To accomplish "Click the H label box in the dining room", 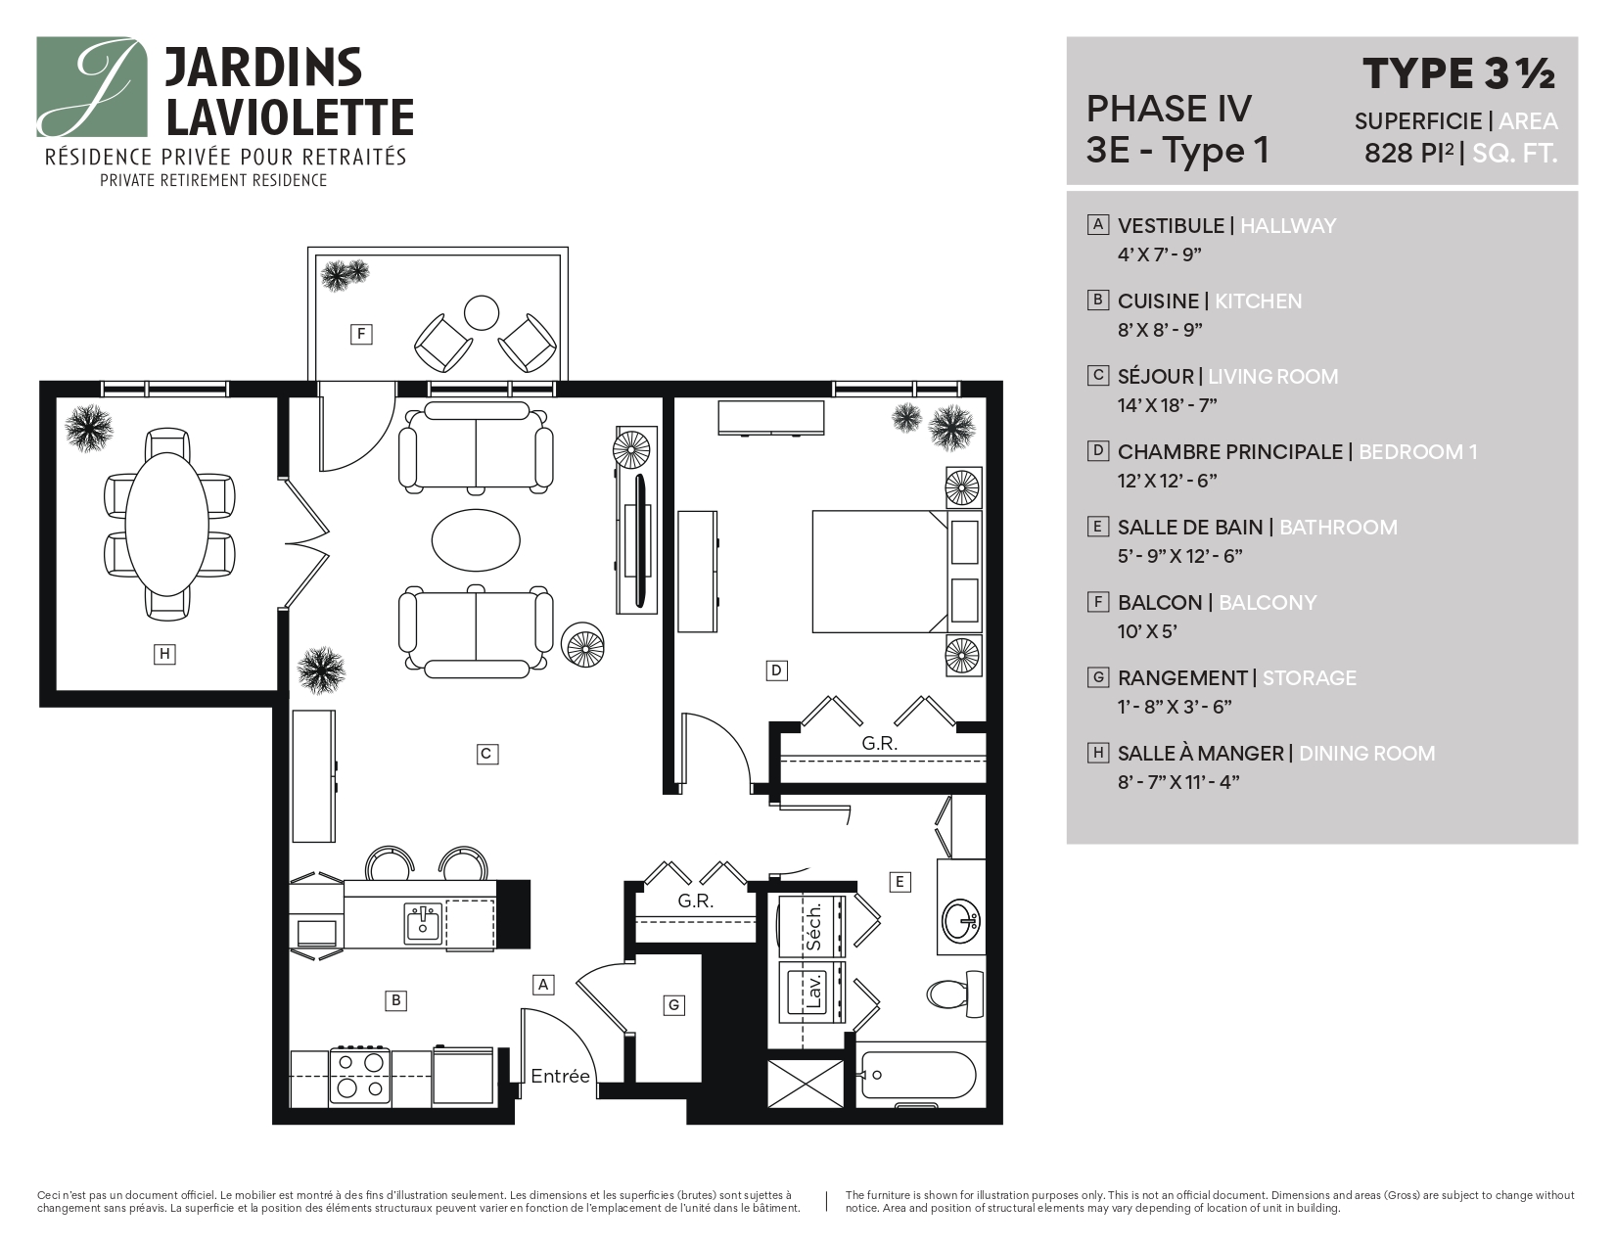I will pyautogui.click(x=164, y=653).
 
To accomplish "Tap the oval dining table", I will pyautogui.click(x=170, y=519).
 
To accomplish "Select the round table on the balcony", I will pyautogui.click(x=482, y=312).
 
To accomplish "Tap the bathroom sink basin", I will pyautogui.click(x=960, y=919).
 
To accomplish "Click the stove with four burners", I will pyautogui.click(x=359, y=1075).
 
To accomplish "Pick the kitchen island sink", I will pyautogui.click(x=423, y=922).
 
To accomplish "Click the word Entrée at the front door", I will pyautogui.click(x=560, y=1077).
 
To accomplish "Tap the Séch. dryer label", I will pyautogui.click(x=813, y=926).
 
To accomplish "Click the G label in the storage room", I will pyautogui.click(x=672, y=1004).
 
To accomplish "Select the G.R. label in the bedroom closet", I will pyautogui.click(x=879, y=743).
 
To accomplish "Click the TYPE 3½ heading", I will pyautogui.click(x=1458, y=74).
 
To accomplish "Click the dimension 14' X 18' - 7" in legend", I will pyautogui.click(x=1167, y=404).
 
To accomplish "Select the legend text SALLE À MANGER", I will pyautogui.click(x=1200, y=753).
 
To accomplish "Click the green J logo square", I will pyautogui.click(x=92, y=87).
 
